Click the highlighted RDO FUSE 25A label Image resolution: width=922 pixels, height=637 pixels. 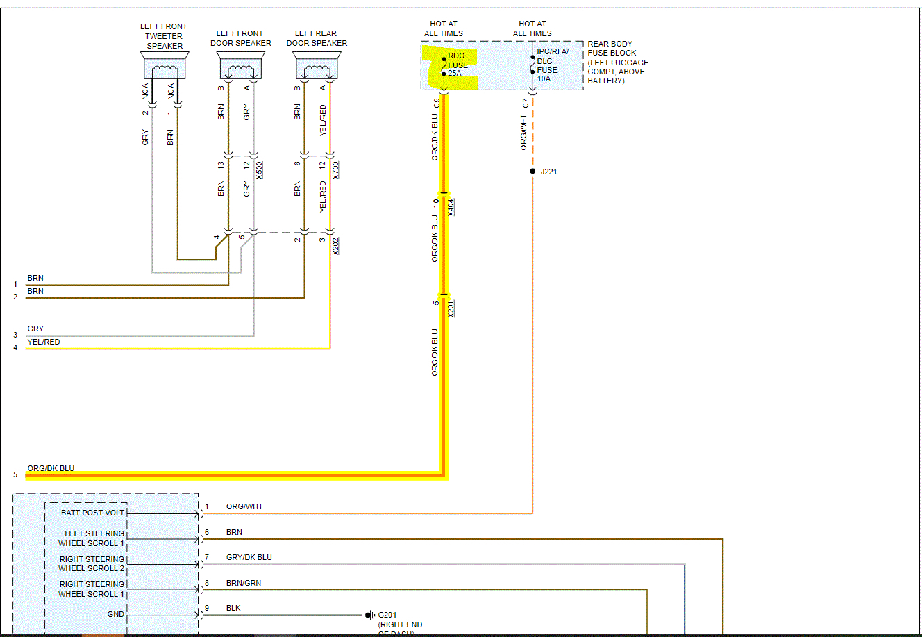click(x=458, y=65)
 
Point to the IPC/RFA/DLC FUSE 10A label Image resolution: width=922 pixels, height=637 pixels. click(x=551, y=65)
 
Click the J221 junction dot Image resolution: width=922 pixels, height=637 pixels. click(x=533, y=171)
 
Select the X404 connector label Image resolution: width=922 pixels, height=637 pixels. click(x=451, y=207)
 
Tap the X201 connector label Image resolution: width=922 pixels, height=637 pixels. click(x=451, y=308)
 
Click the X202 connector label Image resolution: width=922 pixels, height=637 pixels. click(x=336, y=246)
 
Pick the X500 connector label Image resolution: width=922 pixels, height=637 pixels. click(x=260, y=170)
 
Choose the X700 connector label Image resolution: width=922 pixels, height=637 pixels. click(x=336, y=170)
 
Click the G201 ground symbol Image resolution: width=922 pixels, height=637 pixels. click(x=370, y=615)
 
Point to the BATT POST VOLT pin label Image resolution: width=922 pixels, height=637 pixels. click(x=92, y=513)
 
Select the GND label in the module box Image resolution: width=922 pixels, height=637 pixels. click(x=116, y=614)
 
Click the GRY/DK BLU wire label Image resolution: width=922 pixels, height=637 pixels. click(x=249, y=557)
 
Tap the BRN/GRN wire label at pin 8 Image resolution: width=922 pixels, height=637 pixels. click(x=244, y=583)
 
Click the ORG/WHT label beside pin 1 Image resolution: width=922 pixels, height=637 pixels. click(x=244, y=506)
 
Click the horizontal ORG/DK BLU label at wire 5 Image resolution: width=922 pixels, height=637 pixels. click(x=51, y=468)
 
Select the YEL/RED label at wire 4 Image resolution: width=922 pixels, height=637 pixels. click(x=44, y=342)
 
